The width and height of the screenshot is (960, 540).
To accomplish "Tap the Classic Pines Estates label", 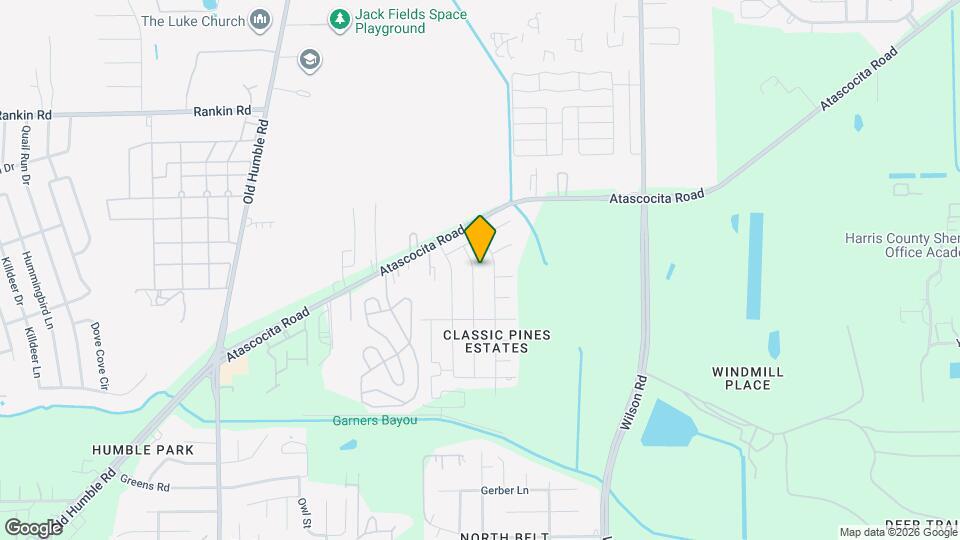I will (x=498, y=341).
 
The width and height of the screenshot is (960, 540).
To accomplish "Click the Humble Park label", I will (x=142, y=450).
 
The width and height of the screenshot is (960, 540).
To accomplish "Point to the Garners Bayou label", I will (x=374, y=421).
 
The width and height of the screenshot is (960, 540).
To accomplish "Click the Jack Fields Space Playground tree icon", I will (x=340, y=18).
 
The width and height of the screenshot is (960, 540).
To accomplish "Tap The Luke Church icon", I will (x=260, y=19).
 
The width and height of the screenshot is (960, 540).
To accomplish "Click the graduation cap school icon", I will (x=310, y=60).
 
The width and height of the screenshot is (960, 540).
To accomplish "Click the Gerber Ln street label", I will (x=504, y=491).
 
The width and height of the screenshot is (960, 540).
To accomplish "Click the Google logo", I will (x=33, y=528).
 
